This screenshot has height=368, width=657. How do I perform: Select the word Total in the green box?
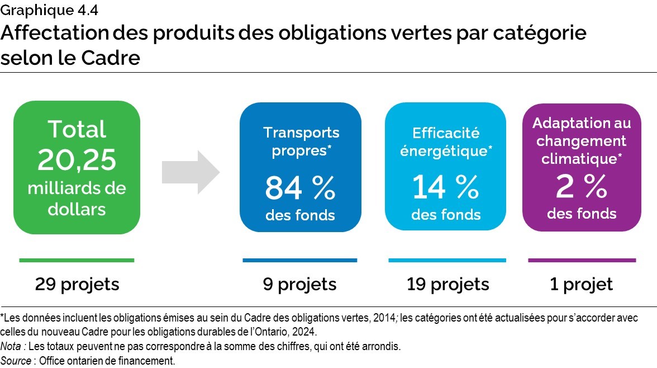tap(77, 130)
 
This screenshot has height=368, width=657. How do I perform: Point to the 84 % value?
tap(300, 188)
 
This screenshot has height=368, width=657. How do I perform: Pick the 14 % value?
tap(446, 188)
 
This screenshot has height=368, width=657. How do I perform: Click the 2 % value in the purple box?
tap(582, 187)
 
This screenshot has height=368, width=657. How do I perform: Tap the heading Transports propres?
tap(301, 141)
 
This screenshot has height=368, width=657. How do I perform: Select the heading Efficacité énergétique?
tap(446, 142)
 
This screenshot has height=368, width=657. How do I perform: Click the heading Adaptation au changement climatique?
tap(582, 140)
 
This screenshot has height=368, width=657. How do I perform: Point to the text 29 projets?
tap(77, 284)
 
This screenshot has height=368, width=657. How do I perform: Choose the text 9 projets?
tap(300, 284)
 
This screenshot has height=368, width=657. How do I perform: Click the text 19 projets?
tap(448, 284)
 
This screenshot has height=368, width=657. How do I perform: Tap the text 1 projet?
tap(582, 284)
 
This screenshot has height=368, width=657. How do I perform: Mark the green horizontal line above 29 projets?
tap(77, 260)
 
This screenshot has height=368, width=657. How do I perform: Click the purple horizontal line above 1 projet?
tap(582, 260)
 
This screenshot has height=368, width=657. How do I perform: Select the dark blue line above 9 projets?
tap(300, 260)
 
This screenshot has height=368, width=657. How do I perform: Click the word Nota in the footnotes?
tap(11, 346)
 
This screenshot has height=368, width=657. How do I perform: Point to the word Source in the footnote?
tap(16, 361)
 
